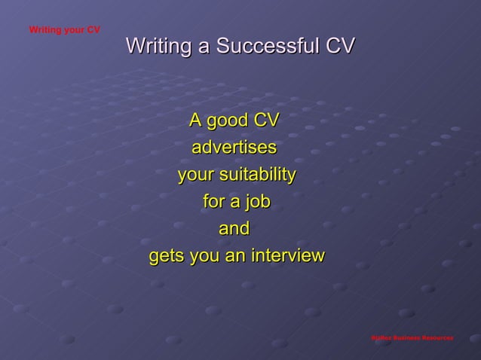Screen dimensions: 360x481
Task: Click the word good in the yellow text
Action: pyautogui.click(x=229, y=121)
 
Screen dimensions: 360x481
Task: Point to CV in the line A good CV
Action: pyautogui.click(x=265, y=121)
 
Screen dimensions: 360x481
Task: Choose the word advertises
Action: pyautogui.click(x=234, y=148)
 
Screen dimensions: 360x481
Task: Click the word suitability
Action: pyautogui.click(x=257, y=175)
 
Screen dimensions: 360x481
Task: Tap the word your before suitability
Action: pyautogui.click(x=195, y=175)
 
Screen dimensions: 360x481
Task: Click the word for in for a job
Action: pyautogui.click(x=214, y=203)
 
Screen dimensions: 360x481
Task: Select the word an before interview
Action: pyautogui.click(x=234, y=257)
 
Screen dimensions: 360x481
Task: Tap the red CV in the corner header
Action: pyautogui.click(x=93, y=30)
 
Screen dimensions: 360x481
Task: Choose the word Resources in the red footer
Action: pyautogui.click(x=438, y=338)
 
